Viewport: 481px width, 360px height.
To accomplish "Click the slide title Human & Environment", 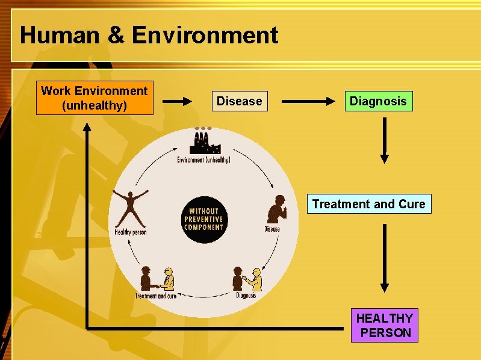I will pyautogui.click(x=149, y=36).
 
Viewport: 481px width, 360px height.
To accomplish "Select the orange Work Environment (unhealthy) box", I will pyautogui.click(x=95, y=98).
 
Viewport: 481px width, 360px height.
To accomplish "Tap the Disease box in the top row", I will pyautogui.click(x=239, y=101).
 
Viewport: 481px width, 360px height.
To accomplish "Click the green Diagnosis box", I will pyautogui.click(x=378, y=101).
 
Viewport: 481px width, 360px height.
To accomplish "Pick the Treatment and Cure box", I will pyautogui.click(x=368, y=204).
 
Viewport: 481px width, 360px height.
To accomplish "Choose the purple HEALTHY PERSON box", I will pyautogui.click(x=384, y=325).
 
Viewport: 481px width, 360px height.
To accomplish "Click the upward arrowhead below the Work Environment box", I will pyautogui.click(x=87, y=128).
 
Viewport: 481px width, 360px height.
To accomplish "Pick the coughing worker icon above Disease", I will pyautogui.click(x=276, y=208).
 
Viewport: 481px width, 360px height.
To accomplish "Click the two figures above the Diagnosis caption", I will pyautogui.click(x=247, y=278).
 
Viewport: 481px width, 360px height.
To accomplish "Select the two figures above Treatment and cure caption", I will pyautogui.click(x=157, y=278).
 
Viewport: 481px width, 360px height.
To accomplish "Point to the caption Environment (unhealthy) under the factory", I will pyautogui.click(x=203, y=160).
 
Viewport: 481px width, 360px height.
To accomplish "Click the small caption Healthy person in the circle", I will pyautogui.click(x=131, y=232).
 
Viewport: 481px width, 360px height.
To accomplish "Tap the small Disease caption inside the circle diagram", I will pyautogui.click(x=272, y=229).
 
